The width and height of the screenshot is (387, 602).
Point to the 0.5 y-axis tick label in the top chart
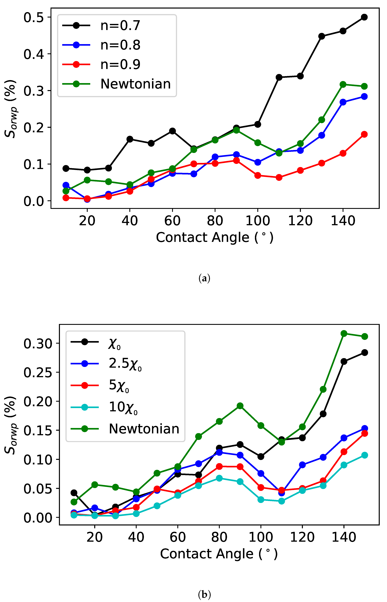(x=34, y=18)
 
